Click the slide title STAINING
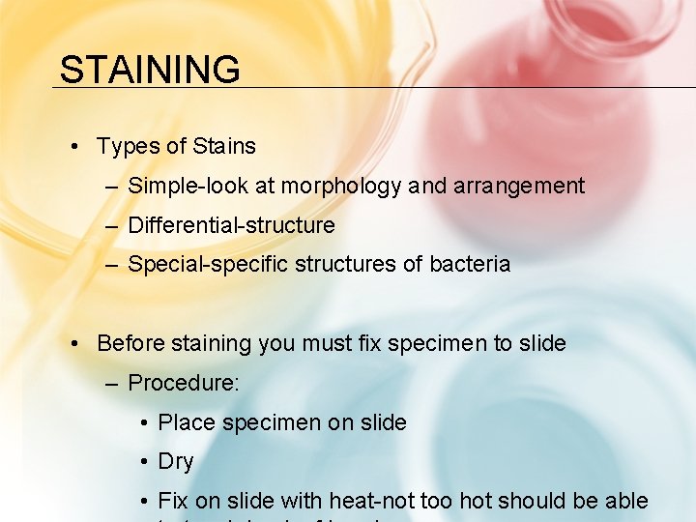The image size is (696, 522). click(x=150, y=70)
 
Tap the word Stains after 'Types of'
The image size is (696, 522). click(x=224, y=147)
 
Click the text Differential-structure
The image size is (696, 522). click(x=231, y=225)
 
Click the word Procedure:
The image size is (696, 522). click(x=184, y=383)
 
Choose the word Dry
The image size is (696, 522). click(x=176, y=462)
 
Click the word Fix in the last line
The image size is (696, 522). click(x=173, y=501)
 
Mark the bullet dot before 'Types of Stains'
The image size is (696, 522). click(x=75, y=147)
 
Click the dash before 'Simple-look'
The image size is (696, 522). click(x=113, y=186)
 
